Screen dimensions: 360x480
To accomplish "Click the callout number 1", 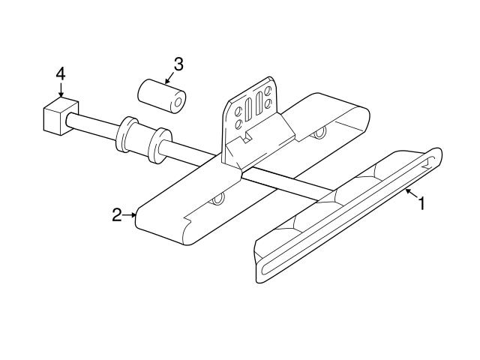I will [x=421, y=202].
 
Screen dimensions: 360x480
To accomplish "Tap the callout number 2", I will [x=117, y=215].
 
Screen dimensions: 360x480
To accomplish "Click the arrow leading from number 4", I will [x=61, y=90].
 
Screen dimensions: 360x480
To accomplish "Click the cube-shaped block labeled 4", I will [x=55, y=116].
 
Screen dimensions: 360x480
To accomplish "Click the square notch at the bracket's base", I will [x=244, y=137].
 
